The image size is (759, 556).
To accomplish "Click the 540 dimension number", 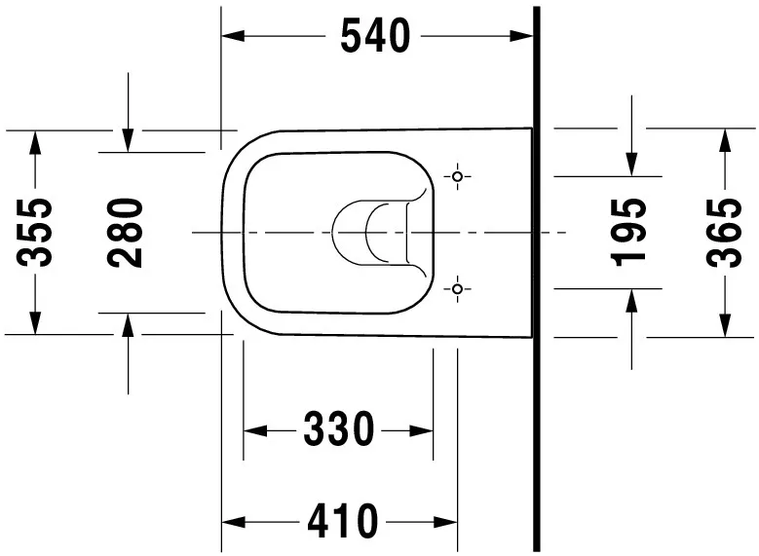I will [x=374, y=37].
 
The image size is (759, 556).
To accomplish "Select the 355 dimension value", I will [x=36, y=232].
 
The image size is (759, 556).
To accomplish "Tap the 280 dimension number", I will [x=127, y=232].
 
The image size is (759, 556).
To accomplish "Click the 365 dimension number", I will [x=724, y=232].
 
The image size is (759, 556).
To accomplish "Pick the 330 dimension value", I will [x=338, y=429].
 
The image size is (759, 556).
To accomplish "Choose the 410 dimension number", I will [x=342, y=522].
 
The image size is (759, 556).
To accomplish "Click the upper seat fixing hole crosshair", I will [x=458, y=177].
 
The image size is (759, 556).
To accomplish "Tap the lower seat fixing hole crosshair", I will [x=458, y=288].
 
